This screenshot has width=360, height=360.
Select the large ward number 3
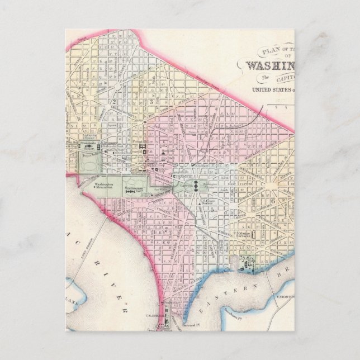pos(151,102)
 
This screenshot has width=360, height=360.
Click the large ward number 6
pos(272,201)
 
